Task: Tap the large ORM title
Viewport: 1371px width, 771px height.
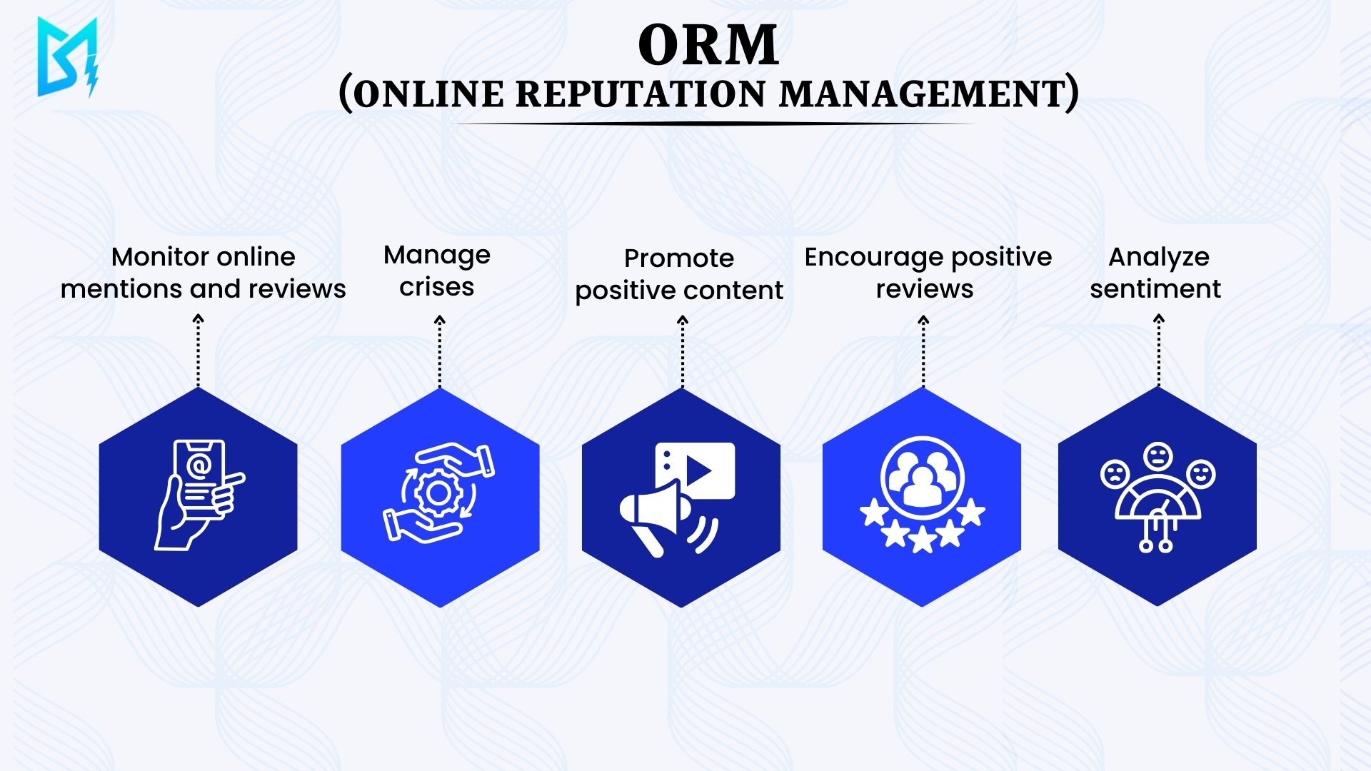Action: (708, 46)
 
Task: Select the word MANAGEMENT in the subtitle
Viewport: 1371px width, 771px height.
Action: (922, 94)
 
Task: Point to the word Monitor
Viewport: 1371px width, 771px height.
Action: (156, 256)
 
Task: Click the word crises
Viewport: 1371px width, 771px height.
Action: (436, 287)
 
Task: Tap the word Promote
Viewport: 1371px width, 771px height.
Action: (678, 258)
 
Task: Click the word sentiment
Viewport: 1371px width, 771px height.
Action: (1155, 288)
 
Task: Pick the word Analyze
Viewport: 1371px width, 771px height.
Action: (1158, 258)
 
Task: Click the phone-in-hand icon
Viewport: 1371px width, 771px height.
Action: (199, 495)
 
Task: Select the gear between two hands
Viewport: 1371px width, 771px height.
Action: (438, 493)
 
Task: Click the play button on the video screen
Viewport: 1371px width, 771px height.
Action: (699, 470)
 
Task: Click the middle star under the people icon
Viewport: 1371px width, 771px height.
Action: (922, 539)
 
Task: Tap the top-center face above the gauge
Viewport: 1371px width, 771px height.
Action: (1157, 455)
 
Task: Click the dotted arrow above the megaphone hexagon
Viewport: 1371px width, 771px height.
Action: (682, 351)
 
